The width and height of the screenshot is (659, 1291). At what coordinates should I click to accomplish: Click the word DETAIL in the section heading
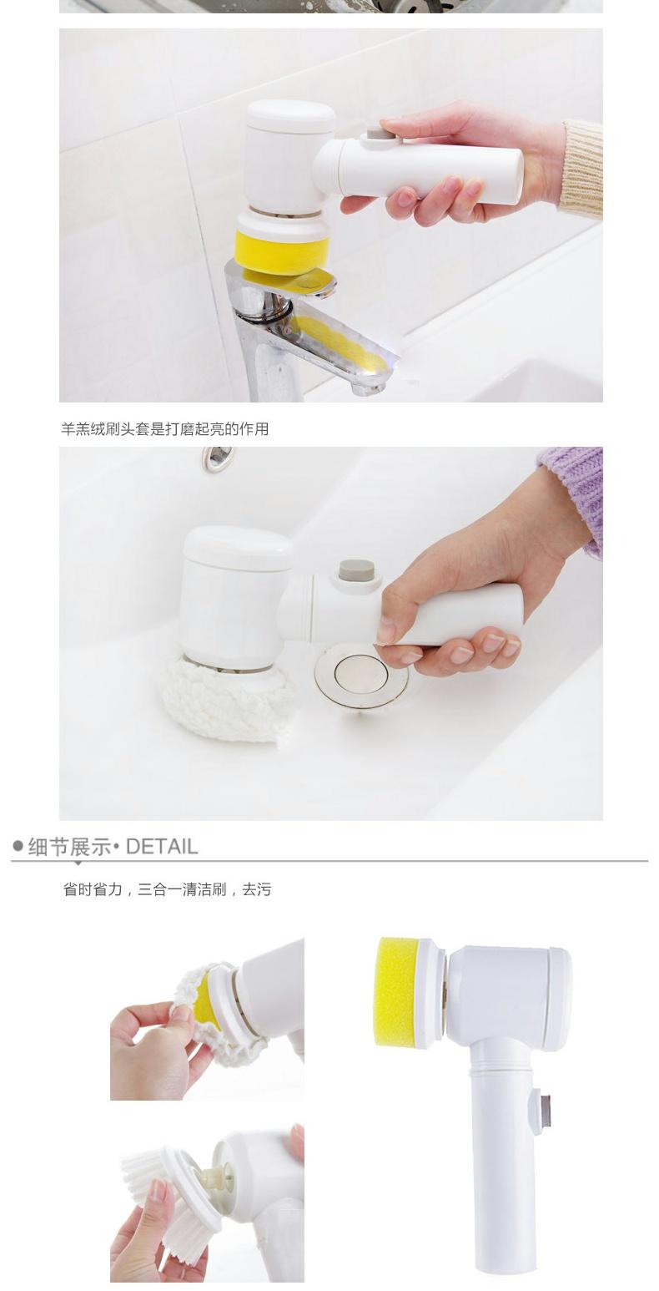(x=162, y=847)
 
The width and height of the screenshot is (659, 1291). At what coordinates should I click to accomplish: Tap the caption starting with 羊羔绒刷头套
(x=164, y=428)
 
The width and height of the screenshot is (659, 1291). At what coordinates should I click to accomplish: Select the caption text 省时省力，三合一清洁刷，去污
(x=167, y=889)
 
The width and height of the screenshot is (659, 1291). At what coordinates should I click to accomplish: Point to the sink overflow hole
(x=218, y=457)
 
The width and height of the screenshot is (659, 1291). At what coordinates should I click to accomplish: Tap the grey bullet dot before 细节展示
(x=18, y=846)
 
